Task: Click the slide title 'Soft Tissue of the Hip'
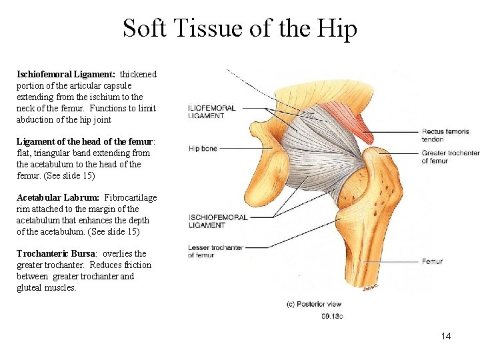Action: [239, 29]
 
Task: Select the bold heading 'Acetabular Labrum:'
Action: [58, 197]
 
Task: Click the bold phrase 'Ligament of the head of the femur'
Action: [85, 142]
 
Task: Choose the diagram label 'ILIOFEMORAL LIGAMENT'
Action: [212, 112]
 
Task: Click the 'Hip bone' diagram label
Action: [203, 149]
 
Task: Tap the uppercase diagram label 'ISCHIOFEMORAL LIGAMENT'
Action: [218, 221]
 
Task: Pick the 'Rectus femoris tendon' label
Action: [442, 135]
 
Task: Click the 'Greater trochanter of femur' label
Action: [450, 157]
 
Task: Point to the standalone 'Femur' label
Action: [432, 261]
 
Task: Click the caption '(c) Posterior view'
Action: [313, 304]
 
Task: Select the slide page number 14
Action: [445, 336]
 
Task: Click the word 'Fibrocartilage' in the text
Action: [131, 197]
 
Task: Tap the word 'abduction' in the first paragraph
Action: [37, 119]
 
